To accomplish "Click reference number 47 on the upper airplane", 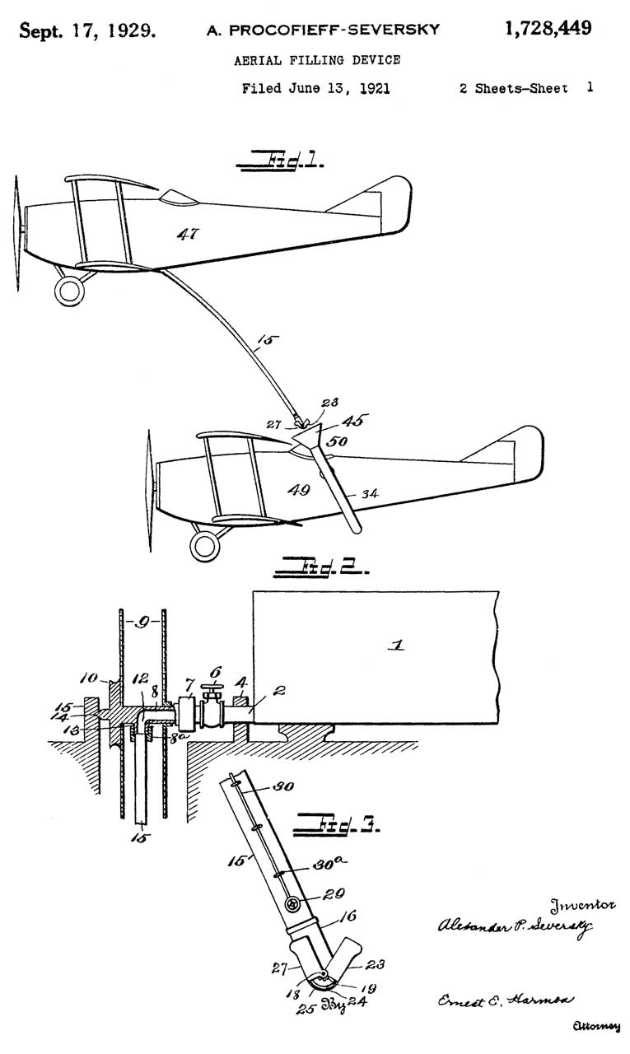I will [x=189, y=235].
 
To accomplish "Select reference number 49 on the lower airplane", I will [x=298, y=491].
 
